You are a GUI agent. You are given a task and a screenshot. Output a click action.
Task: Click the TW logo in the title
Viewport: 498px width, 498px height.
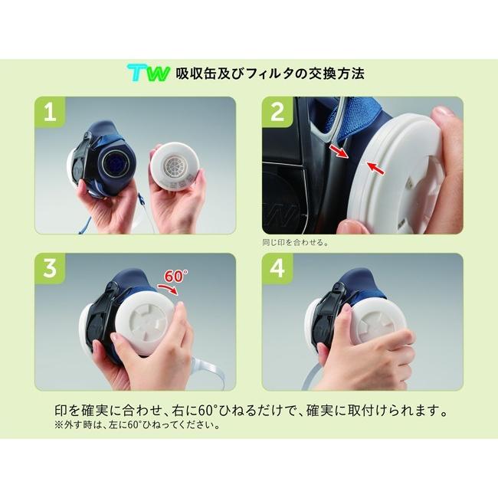click(152, 74)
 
